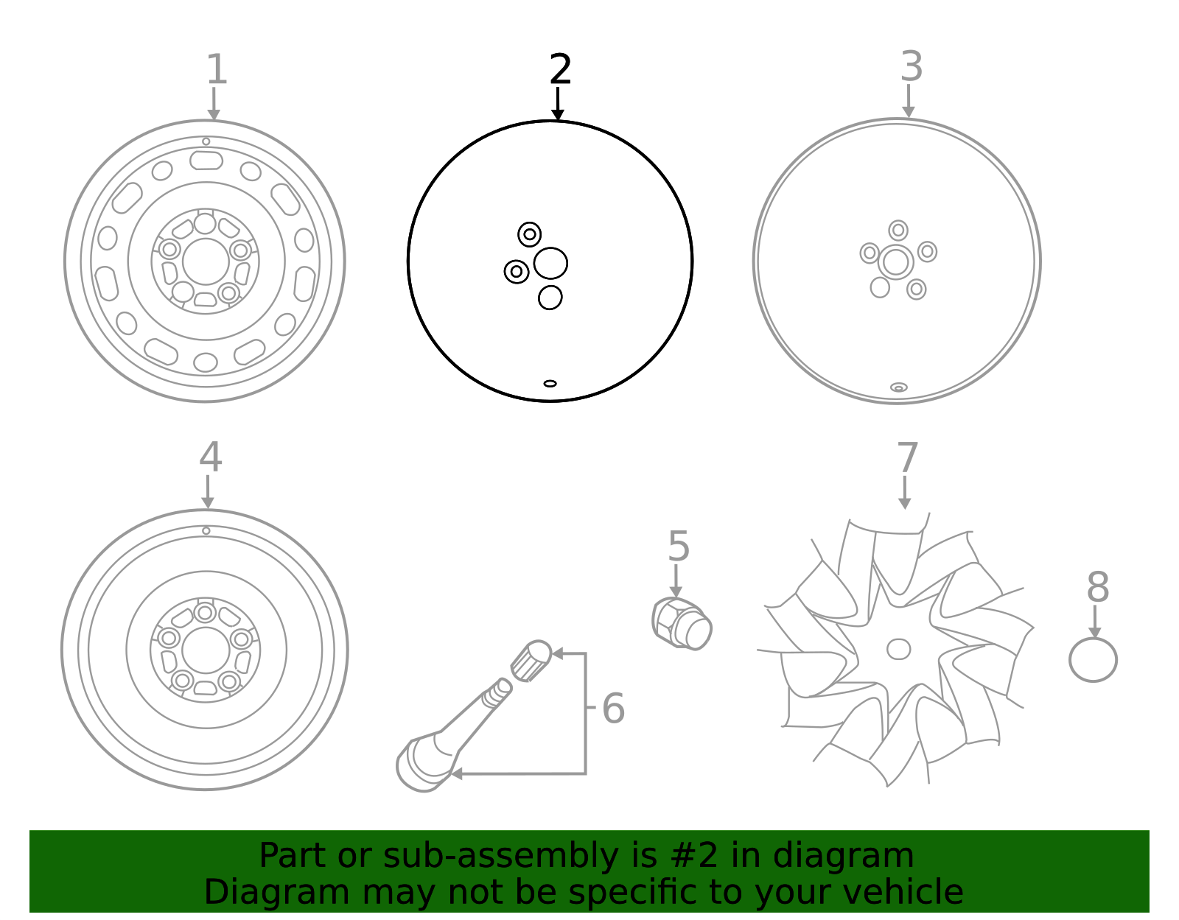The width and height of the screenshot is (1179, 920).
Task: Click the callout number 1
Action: [x=216, y=70]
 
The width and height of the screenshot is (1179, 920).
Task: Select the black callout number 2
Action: [x=560, y=70]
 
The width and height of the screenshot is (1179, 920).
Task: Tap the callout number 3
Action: [x=912, y=67]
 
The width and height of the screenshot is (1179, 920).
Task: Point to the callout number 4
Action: [x=210, y=457]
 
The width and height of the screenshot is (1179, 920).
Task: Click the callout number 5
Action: [x=679, y=547]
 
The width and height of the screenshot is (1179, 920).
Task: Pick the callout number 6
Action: [x=613, y=709]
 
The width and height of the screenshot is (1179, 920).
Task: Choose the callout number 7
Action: [x=908, y=458]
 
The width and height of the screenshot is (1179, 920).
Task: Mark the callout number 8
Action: [x=1097, y=588]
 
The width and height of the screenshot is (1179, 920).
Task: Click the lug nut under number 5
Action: [x=682, y=624]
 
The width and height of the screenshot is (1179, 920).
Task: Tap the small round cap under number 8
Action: [x=1093, y=660]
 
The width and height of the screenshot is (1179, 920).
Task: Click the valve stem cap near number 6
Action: [x=531, y=660]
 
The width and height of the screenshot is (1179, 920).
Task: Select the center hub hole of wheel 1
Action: [x=206, y=261]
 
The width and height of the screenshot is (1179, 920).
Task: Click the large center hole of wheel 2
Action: [x=550, y=263]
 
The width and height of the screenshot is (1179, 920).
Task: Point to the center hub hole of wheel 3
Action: [x=896, y=262]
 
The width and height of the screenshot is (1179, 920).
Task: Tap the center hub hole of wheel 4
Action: [x=206, y=650]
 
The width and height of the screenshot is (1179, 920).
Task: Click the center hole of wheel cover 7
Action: [x=898, y=649]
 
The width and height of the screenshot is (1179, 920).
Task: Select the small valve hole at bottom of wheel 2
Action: [x=550, y=383]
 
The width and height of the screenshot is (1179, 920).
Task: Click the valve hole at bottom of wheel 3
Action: [x=898, y=387]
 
